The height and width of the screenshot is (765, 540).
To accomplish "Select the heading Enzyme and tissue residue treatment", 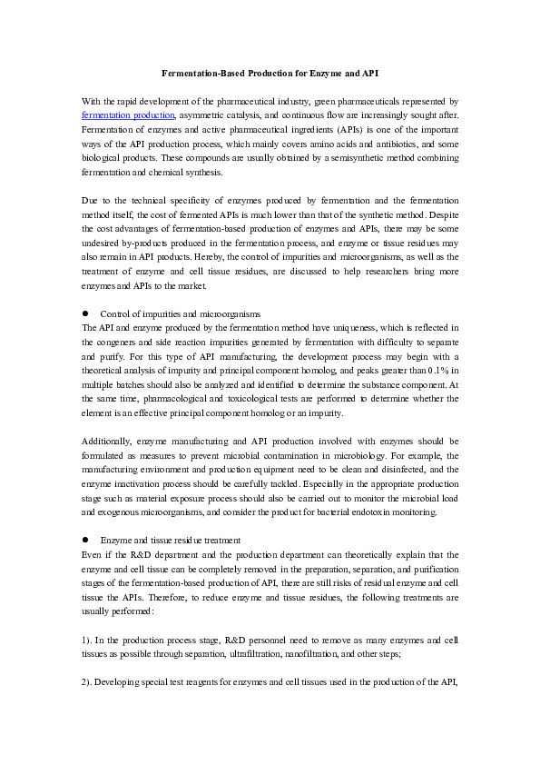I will [x=171, y=539].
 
